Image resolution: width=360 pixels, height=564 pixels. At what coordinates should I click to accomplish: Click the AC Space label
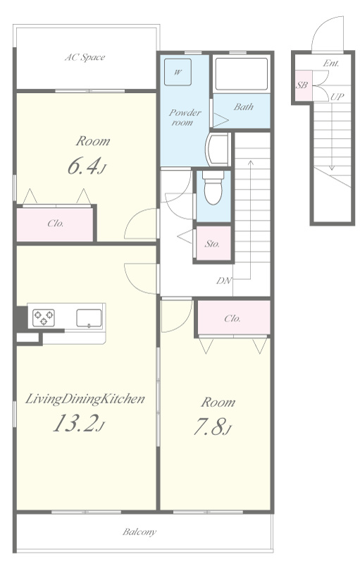(85, 57)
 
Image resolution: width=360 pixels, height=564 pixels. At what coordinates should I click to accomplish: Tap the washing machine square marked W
(178, 72)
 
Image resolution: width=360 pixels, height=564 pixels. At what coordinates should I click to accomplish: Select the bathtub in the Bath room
(242, 74)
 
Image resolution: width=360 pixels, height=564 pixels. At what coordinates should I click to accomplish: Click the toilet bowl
(213, 188)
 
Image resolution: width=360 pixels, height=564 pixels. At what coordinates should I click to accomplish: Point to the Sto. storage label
(212, 244)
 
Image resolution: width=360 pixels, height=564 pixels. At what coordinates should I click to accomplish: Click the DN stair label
(224, 281)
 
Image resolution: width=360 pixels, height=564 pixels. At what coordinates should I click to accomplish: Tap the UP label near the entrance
(337, 97)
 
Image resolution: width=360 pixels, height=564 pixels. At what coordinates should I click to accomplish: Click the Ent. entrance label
(331, 63)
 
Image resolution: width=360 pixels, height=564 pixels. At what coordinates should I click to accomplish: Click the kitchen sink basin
(89, 319)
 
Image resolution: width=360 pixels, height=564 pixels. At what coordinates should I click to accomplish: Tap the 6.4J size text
(86, 166)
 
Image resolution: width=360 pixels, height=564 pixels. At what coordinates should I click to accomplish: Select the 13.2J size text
(79, 423)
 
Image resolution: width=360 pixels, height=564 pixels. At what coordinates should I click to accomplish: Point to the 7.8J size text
(211, 427)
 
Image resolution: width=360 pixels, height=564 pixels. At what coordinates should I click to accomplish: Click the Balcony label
(139, 532)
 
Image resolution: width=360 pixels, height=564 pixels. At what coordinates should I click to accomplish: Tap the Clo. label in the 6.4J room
(56, 223)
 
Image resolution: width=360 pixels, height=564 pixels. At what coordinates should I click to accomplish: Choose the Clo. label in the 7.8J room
(232, 319)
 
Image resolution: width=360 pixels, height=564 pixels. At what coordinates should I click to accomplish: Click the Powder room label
(185, 117)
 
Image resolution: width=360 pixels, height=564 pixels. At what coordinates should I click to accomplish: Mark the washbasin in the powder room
(218, 149)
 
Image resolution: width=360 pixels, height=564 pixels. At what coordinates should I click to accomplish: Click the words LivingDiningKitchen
(85, 399)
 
